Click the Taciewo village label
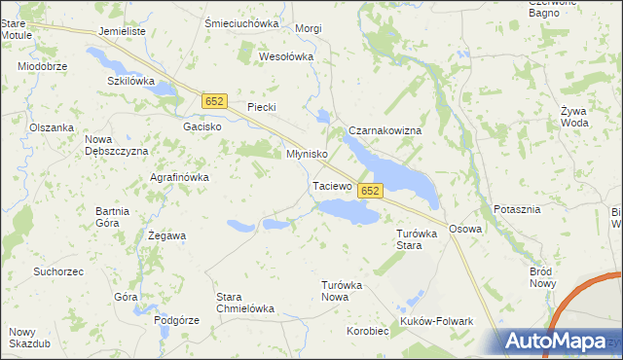pyautogui.click(x=332, y=185)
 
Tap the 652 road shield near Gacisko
pyautogui.click(x=215, y=101)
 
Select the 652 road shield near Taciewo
pyautogui.click(x=369, y=192)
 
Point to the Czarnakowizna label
pyautogui.click(x=385, y=130)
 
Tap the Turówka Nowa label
pyautogui.click(x=342, y=291)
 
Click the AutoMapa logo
pyautogui.click(x=559, y=342)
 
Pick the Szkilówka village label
pyautogui.click(x=131, y=81)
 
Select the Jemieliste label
pyautogui.click(x=122, y=31)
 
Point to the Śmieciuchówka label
pyautogui.click(x=241, y=23)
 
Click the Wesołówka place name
pyautogui.click(x=286, y=56)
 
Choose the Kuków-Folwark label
pyautogui.click(x=436, y=321)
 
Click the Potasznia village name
pyautogui.click(x=517, y=210)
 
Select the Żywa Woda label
pyautogui.click(x=575, y=117)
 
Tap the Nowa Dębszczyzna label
pyautogui.click(x=116, y=145)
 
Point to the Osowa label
pyautogui.click(x=465, y=229)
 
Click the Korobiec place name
pyautogui.click(x=368, y=331)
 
